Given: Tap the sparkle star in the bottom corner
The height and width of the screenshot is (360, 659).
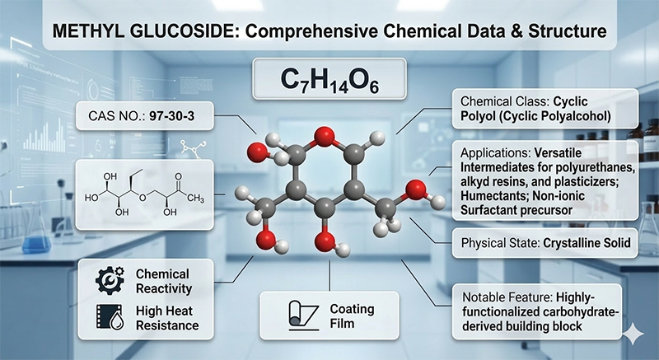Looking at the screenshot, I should pos(634,333).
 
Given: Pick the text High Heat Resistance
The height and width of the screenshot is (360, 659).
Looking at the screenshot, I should pos(168,317).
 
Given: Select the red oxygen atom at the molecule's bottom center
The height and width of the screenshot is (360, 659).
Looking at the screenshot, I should pos(326,244).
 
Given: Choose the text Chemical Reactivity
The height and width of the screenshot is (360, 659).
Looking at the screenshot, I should pos(163,281).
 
